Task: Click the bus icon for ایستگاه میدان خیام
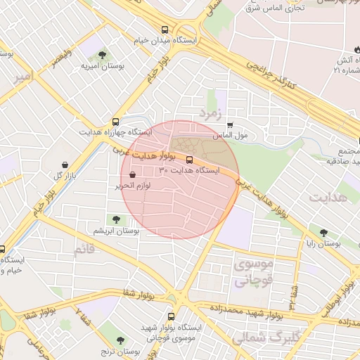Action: pyautogui.click(x=165, y=30)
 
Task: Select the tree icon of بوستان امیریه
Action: pyautogui.click(x=103, y=54)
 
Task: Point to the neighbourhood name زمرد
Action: pyautogui.click(x=211, y=112)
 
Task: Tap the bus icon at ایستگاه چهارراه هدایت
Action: pyautogui.click(x=116, y=121)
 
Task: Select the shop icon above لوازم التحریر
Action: pyautogui.click(x=133, y=175)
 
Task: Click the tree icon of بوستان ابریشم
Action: pyautogui.click(x=117, y=220)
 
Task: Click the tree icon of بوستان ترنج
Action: pyautogui.click(x=121, y=340)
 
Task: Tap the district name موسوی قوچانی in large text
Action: pyautogui.click(x=251, y=274)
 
